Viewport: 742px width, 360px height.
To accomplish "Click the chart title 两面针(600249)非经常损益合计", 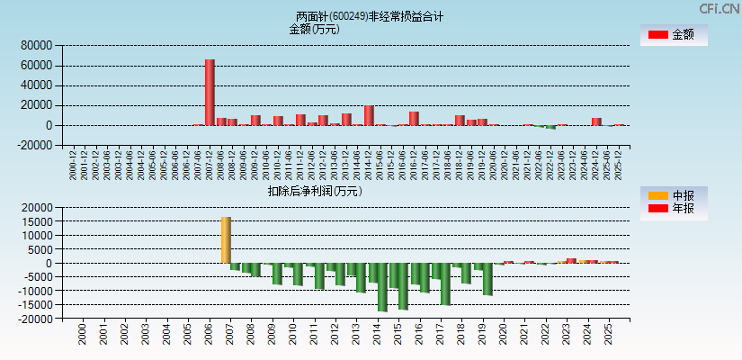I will tap(370, 16).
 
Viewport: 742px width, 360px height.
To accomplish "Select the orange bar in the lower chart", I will tap(226, 239).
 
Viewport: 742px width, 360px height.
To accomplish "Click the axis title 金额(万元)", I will tap(314, 29).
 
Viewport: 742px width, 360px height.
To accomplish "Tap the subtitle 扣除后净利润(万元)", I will tap(314, 191).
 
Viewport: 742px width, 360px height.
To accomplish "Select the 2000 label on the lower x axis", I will tap(82, 336).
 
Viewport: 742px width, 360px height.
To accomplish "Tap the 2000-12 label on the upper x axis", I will tap(73, 165).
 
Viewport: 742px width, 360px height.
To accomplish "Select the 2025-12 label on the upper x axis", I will tap(619, 165).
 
